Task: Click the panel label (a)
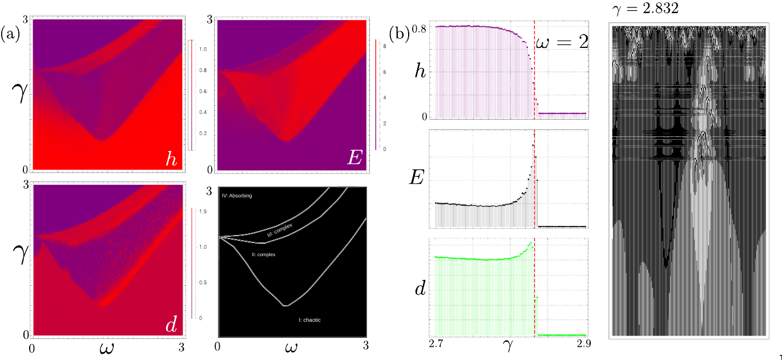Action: coord(11,34)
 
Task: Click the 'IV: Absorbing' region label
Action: coord(236,196)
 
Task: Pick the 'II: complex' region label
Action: coord(263,254)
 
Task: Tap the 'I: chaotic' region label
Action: coord(309,320)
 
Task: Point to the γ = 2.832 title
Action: coord(640,10)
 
